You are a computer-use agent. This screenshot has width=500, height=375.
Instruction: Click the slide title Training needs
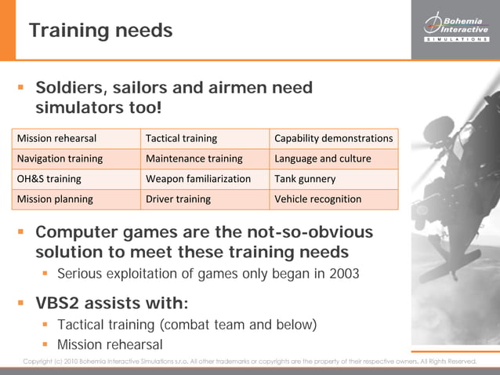point(100,31)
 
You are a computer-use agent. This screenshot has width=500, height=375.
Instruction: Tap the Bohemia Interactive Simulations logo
point(455,27)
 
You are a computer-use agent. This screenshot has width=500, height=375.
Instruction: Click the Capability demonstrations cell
point(333,138)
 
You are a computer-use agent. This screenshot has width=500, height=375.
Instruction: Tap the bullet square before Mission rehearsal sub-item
point(47,344)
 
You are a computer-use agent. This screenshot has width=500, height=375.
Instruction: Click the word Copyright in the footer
point(42,362)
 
